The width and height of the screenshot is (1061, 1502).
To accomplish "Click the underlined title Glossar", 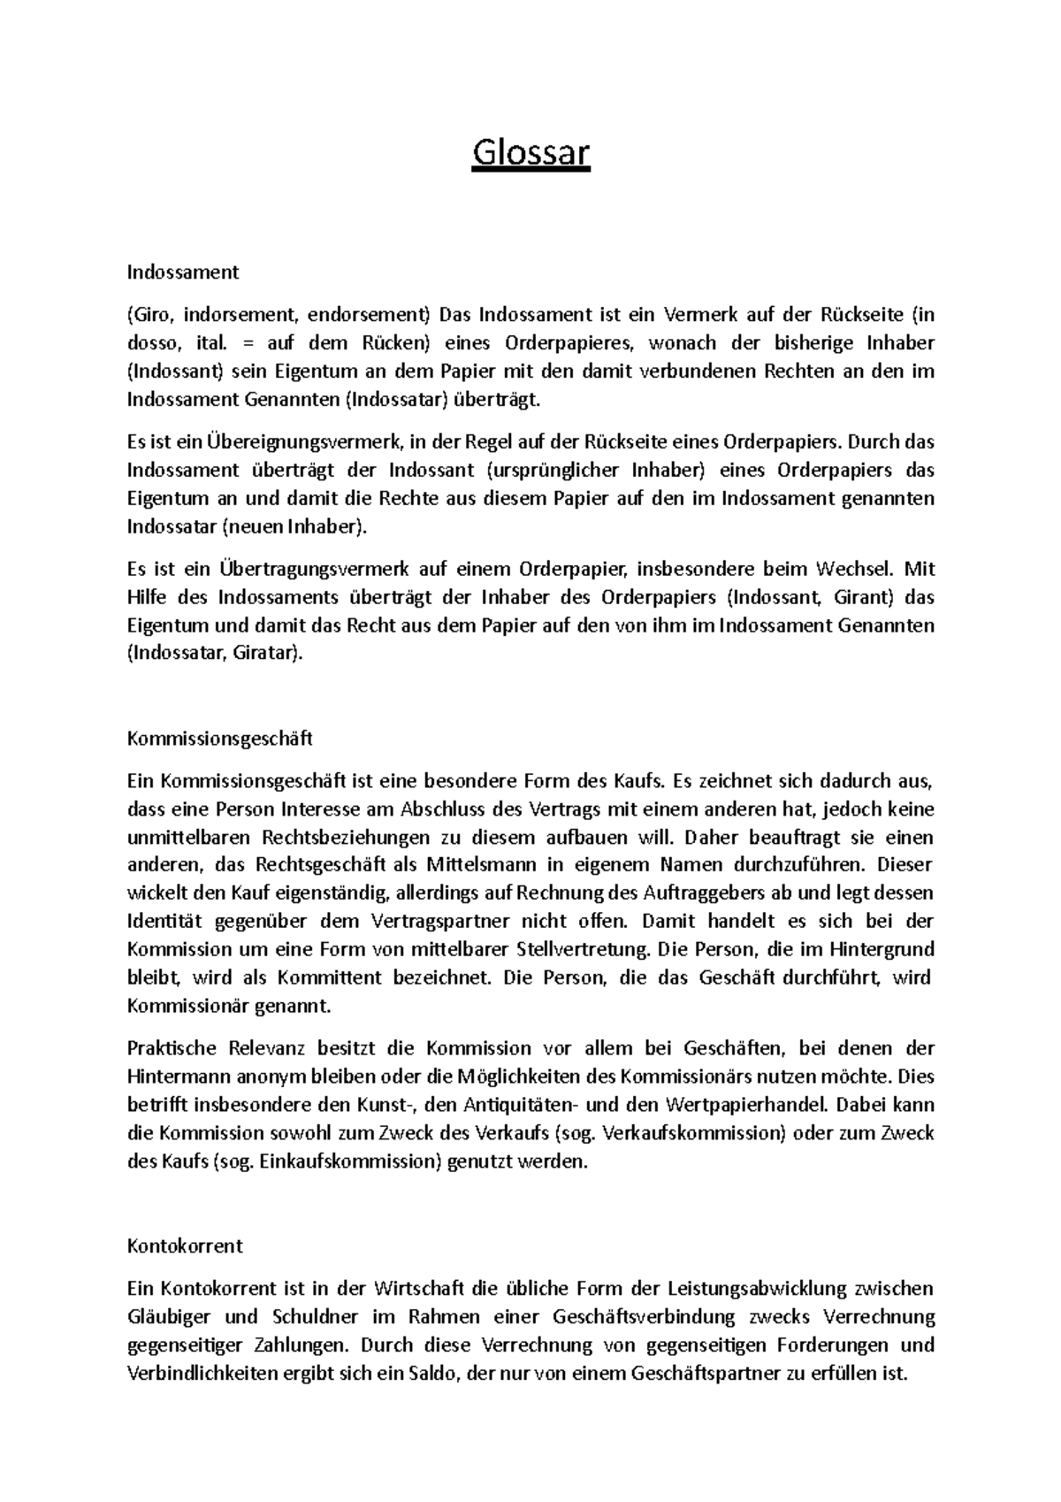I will coord(530,153).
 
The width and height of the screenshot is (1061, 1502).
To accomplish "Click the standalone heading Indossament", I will coord(183,272).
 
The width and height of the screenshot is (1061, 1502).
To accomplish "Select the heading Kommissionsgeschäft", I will coord(220,738).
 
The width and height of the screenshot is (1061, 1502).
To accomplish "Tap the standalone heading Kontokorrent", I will coord(185,1245).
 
